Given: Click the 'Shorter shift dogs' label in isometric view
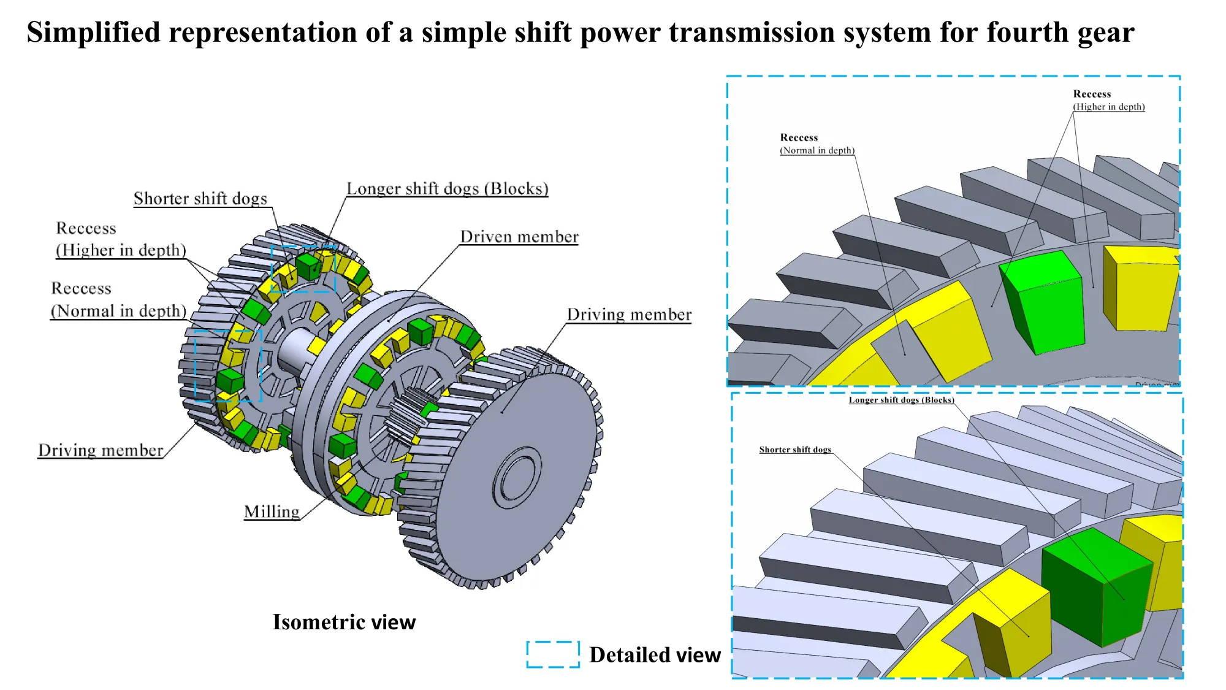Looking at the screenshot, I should coord(200,199).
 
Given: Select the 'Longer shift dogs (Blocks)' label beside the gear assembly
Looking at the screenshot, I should coord(447,189).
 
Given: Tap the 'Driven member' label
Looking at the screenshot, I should coord(519,237).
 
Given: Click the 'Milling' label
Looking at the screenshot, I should coord(272,512).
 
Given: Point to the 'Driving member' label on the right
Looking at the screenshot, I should coord(629,315).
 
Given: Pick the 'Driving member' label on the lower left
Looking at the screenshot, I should coord(101,450).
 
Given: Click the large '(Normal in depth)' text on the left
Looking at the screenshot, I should coord(118,311).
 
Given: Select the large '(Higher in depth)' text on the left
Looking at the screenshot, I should coord(121,250).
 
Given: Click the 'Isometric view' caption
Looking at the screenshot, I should coord(344,622).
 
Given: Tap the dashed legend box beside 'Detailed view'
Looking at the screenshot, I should coord(553,654).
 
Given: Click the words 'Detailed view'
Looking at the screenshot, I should coord(655,655).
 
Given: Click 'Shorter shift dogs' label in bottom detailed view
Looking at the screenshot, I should coord(794,450).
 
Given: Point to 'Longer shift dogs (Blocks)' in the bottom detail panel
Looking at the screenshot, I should coord(901,400).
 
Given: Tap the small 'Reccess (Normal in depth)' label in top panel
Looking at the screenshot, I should coord(817,144).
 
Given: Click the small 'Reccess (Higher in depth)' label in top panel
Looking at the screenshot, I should coord(1108,101).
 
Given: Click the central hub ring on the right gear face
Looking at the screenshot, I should coord(518,478).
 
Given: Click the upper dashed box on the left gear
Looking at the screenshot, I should coord(303,269).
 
